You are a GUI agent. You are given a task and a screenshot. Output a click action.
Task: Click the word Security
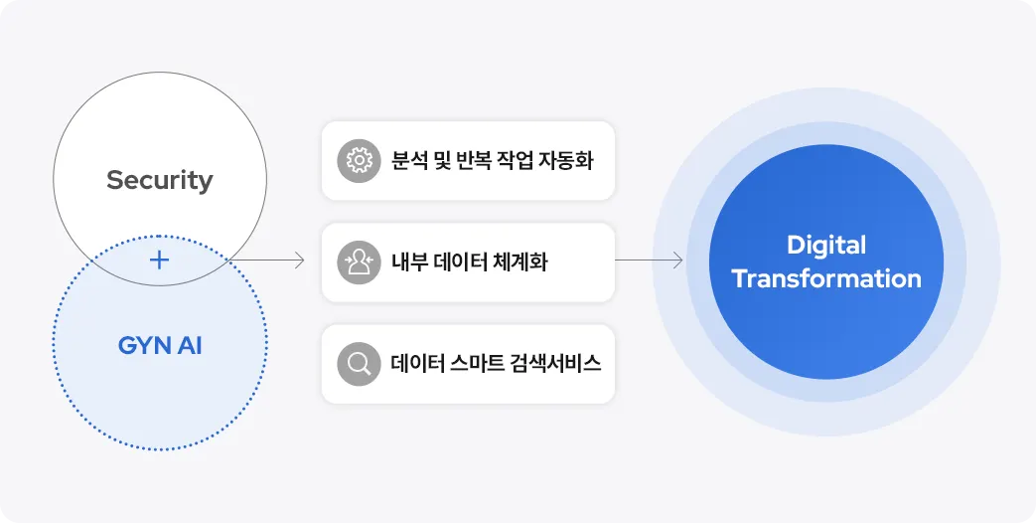point(159,180)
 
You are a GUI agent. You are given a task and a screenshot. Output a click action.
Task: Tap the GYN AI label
point(159,347)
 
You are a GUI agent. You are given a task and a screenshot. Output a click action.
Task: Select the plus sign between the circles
point(159,261)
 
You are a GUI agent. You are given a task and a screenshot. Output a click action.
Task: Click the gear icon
point(359,160)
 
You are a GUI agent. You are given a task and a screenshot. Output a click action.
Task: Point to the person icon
point(359,262)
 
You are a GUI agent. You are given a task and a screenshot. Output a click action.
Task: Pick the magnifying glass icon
point(359,364)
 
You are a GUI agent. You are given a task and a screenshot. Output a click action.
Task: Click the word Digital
point(826,245)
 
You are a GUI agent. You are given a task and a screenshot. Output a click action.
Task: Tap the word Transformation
point(826,278)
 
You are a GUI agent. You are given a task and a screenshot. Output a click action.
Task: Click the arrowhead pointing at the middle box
point(299,261)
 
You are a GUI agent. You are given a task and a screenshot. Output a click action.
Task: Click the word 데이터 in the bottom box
point(419,364)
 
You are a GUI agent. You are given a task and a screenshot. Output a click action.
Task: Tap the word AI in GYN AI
point(190,347)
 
